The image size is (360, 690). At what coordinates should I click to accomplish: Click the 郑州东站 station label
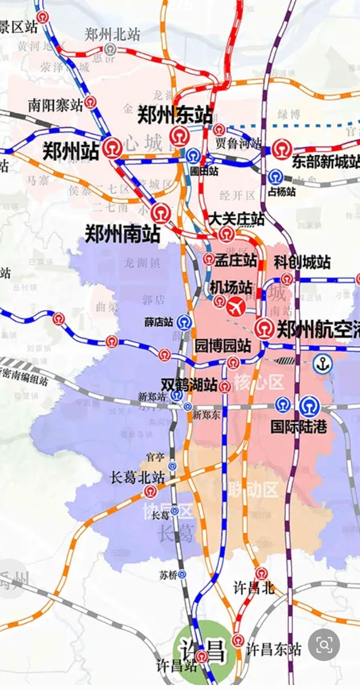tap(175, 115)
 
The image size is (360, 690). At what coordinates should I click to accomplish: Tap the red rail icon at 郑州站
tap(112, 148)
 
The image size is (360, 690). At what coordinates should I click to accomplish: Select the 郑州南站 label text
tap(122, 233)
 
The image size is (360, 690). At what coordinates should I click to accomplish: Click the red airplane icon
tap(236, 306)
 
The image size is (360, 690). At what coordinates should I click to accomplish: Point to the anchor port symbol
tap(323, 365)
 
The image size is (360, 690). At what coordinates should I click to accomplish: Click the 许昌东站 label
tap(273, 649)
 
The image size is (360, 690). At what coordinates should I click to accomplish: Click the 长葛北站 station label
tap(137, 478)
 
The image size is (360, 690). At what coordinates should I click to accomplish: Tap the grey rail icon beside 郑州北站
tap(110, 49)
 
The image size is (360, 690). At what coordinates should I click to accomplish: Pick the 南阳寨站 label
tap(55, 105)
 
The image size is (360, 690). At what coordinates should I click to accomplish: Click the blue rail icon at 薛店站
tap(184, 322)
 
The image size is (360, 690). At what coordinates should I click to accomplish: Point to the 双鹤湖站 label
tap(189, 385)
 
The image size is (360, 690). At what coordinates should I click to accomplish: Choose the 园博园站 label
tap(222, 346)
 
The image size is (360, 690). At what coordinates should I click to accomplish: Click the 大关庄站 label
tap(236, 219)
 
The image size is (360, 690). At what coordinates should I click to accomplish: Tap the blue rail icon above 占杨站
tap(274, 177)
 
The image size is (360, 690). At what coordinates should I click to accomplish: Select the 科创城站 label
tap(302, 262)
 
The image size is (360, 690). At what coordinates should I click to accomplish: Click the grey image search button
tap(324, 645)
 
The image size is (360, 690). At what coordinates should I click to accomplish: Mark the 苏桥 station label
tap(168, 575)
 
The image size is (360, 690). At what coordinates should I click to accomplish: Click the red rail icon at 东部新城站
tap(282, 149)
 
